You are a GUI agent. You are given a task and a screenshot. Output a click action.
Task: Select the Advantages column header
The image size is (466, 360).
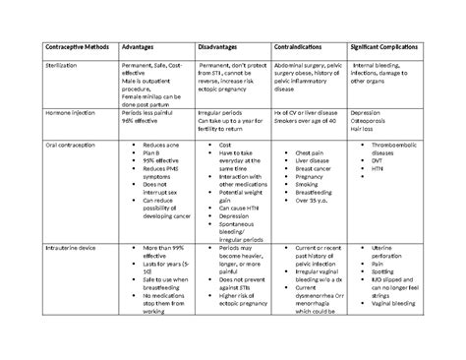(x=139, y=46)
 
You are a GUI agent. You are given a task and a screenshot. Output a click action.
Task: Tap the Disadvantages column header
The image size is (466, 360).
(x=212, y=46)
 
